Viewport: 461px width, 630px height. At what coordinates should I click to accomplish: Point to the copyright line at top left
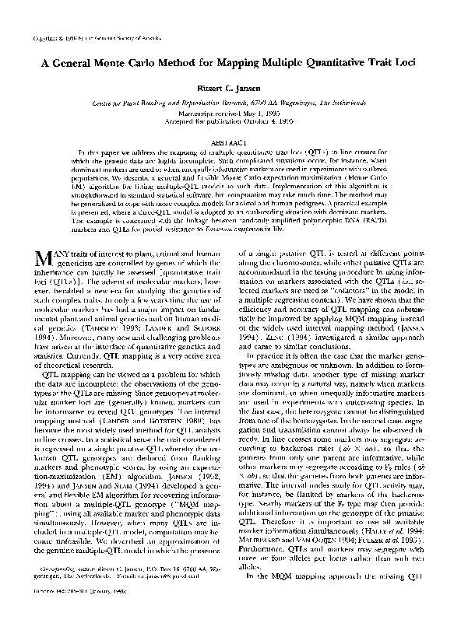point(90,37)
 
